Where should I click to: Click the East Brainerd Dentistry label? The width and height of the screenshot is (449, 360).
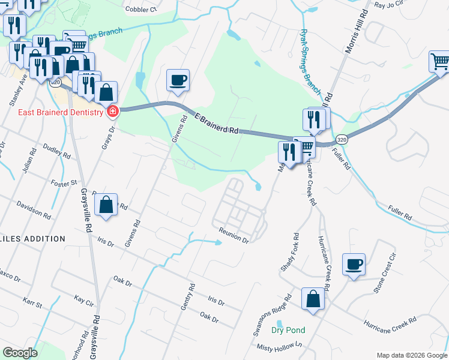pos(53,111)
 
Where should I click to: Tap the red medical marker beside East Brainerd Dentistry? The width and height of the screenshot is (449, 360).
pos(112,110)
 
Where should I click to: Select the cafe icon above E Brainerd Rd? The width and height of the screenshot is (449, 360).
pos(178,80)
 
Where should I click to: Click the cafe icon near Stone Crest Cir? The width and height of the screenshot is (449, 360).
pos(354,264)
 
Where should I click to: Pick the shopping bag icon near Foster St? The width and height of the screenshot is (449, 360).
pos(106,205)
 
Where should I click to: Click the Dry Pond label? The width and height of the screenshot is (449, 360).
pos(288,330)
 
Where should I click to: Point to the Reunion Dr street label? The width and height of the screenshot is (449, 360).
pos(234,235)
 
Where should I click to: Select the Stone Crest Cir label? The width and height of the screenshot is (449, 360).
pos(385,273)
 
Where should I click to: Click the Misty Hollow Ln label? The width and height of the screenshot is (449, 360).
pos(277,347)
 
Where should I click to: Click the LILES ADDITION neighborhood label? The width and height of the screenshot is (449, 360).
pos(32,239)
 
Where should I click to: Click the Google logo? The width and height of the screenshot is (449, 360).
pos(20,352)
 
